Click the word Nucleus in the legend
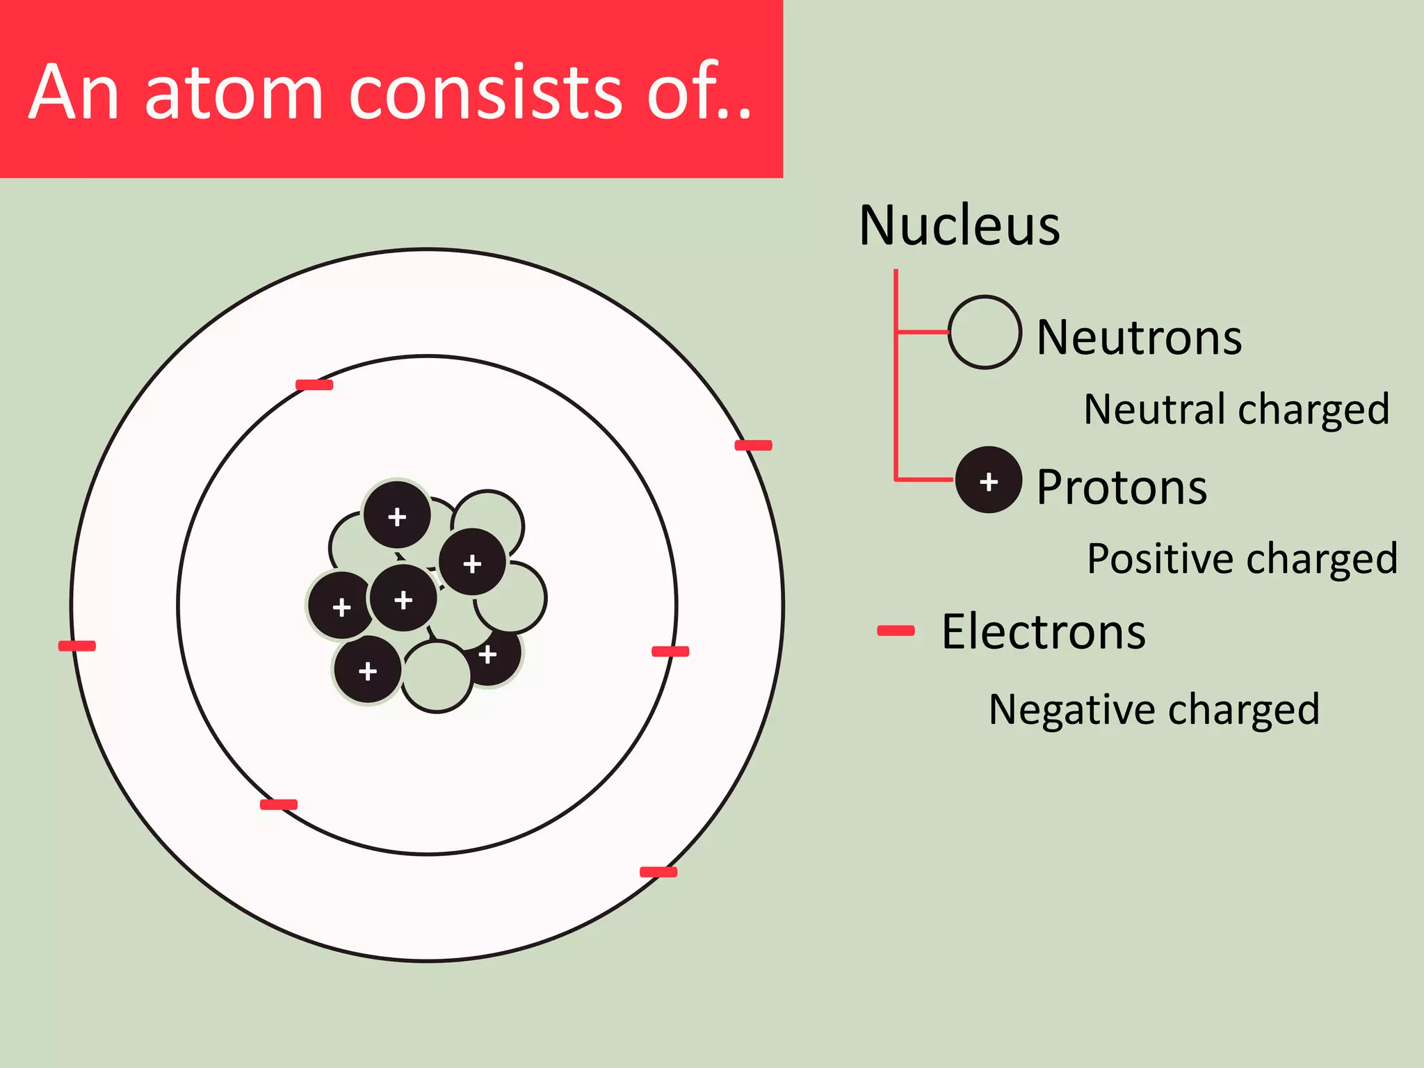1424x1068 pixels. [x=960, y=226]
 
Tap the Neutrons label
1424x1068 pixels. [x=1139, y=338]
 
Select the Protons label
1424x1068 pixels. [x=1122, y=487]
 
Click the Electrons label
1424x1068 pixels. [x=1044, y=632]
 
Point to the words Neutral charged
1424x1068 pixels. [x=1236, y=409]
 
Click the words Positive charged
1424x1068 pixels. [x=1242, y=558]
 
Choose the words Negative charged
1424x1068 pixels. [x=1154, y=710]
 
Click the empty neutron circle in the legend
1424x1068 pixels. [x=985, y=332]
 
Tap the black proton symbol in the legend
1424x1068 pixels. [x=988, y=480]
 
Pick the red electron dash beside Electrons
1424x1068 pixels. [x=896, y=631]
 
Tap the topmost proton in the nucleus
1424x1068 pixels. [x=397, y=515]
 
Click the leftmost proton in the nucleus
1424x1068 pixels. [x=341, y=606]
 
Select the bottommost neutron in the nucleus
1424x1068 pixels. [x=437, y=677]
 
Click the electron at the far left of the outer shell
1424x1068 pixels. [x=77, y=646]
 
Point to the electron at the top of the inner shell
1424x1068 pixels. [x=314, y=385]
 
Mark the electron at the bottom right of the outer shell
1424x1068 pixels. [x=658, y=872]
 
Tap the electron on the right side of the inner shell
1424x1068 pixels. [x=670, y=652]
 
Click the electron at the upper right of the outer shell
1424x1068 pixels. [x=754, y=445]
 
